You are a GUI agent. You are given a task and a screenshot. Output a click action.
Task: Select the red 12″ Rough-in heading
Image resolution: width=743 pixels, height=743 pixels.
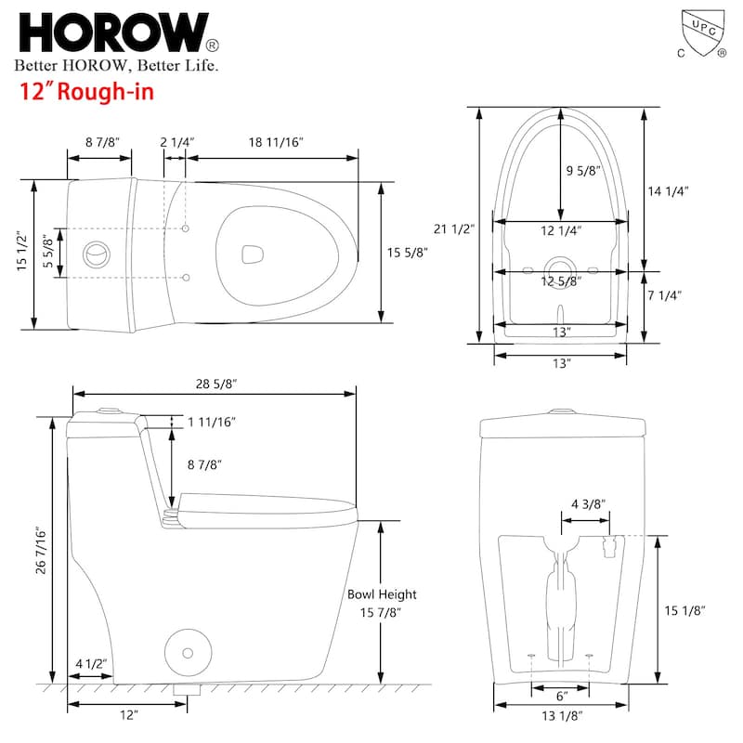[86, 92]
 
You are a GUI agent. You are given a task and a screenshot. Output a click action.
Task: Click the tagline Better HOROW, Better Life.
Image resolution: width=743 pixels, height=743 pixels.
[116, 65]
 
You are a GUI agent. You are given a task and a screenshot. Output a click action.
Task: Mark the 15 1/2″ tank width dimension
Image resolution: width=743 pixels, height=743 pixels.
[20, 253]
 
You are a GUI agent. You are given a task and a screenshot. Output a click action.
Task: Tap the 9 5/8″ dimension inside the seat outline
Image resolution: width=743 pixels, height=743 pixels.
[583, 170]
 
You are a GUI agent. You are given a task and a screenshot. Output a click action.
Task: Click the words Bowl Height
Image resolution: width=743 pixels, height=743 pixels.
[382, 594]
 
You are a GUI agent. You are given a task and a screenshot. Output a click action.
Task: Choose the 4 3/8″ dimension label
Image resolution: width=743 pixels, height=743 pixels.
[588, 503]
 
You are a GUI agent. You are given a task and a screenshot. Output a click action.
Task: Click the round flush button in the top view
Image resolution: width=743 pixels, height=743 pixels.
[94, 253]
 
